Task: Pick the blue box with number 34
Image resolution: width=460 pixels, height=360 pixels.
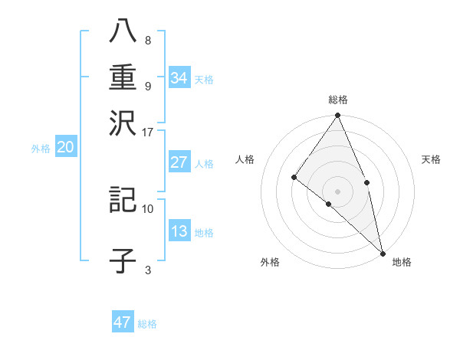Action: point(179,77)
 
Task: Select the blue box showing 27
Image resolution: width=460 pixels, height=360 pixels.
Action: point(179,162)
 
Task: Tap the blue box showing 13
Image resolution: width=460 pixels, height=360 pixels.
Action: point(179,231)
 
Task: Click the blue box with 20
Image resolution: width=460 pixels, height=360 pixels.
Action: point(65,148)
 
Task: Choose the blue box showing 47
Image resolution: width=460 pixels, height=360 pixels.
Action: point(123,322)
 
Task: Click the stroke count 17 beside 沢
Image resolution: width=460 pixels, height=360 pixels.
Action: point(148,132)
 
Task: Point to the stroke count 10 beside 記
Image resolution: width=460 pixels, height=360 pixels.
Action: point(148,208)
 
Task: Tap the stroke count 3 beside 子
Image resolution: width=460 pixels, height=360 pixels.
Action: point(148,270)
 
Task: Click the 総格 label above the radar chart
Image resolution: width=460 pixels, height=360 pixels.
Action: point(338,100)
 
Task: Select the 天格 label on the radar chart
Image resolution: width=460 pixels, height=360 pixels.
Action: point(432,159)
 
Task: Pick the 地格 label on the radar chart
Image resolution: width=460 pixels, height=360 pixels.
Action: point(402,262)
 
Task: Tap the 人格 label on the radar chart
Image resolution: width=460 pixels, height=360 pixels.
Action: point(245,159)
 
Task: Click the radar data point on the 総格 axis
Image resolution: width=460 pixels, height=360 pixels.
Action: point(338,116)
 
